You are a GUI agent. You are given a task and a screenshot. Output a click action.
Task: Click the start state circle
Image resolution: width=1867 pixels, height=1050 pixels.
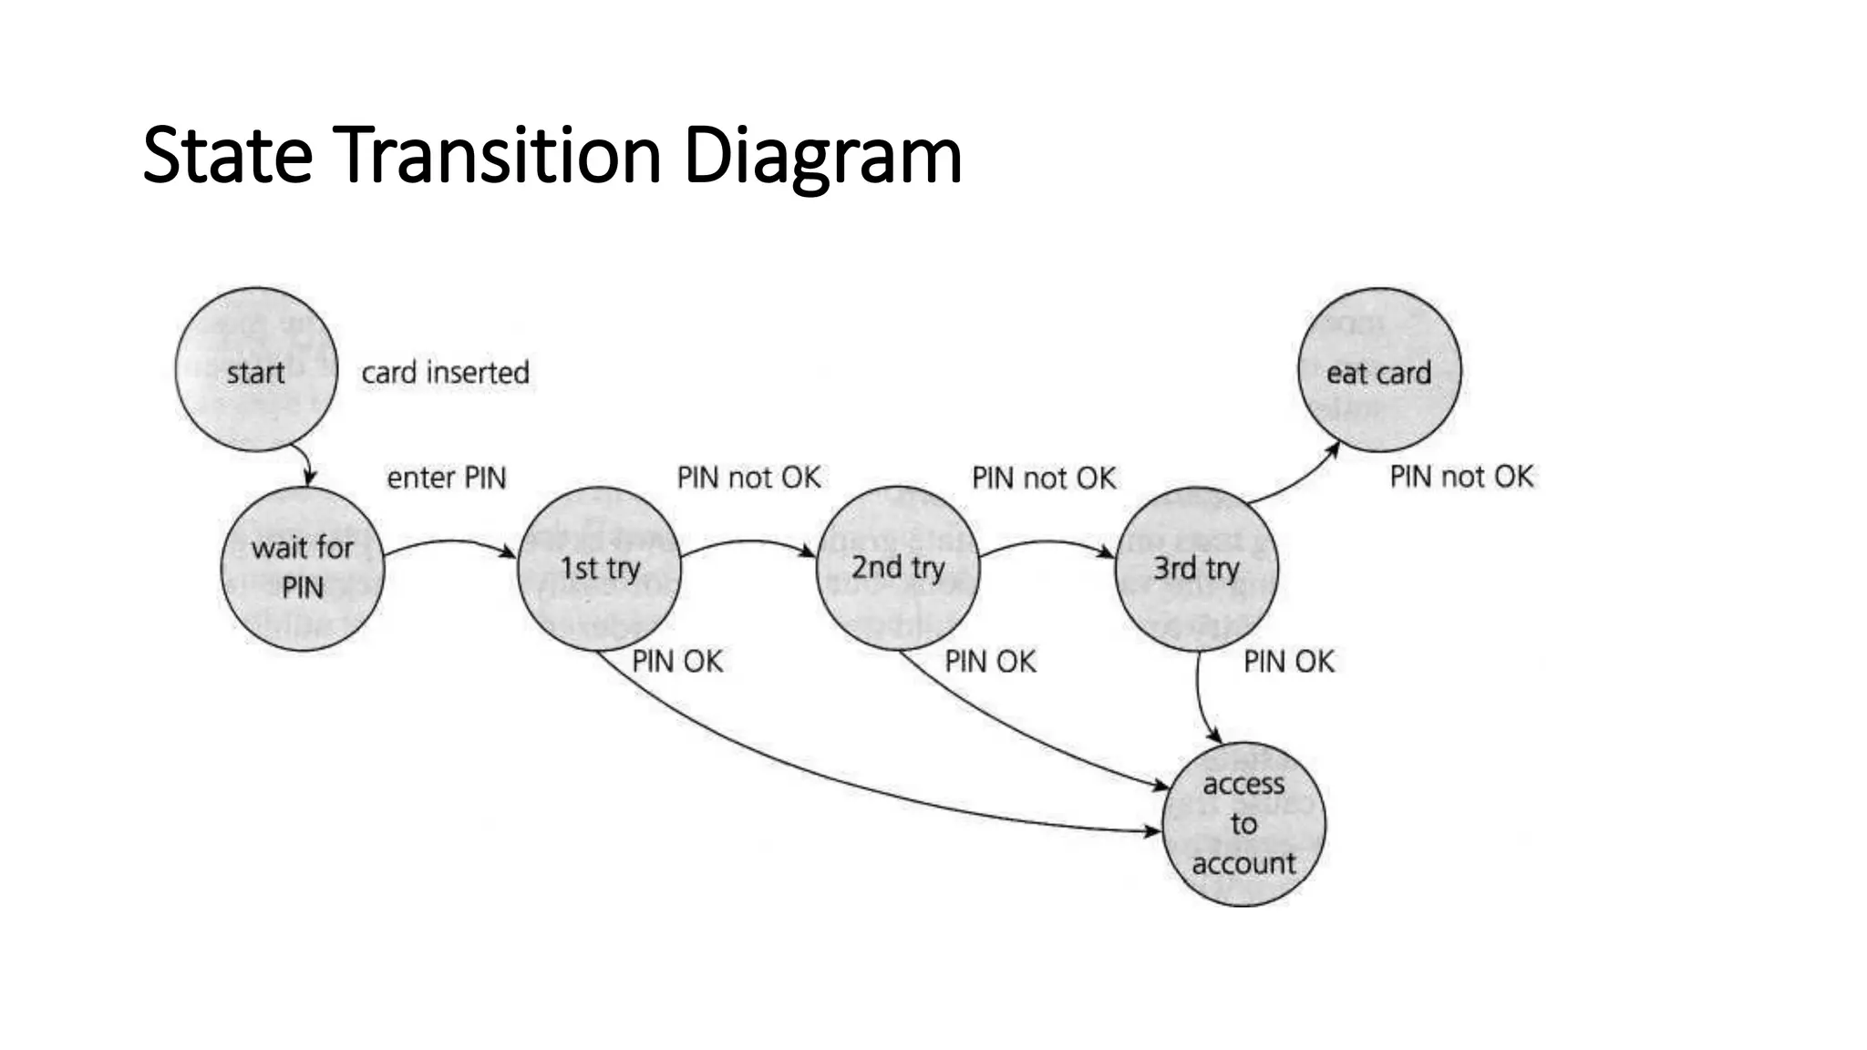pos(256,370)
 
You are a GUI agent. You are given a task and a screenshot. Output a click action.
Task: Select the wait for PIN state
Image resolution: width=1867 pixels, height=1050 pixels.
pos(303,568)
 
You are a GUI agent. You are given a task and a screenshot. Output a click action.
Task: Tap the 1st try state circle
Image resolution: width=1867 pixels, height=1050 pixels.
pos(599,568)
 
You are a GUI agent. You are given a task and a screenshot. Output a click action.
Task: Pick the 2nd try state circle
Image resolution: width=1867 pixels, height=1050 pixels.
pos(898,568)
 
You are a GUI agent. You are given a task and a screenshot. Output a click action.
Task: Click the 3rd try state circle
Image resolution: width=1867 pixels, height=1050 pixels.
pos(1196,568)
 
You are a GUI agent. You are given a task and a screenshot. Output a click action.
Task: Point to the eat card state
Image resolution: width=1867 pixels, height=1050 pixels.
pos(1378,370)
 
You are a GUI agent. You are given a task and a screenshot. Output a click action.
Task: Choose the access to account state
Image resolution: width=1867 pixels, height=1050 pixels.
pos(1243,824)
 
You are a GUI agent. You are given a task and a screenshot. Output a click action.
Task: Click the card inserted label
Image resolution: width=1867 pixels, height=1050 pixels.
pos(445,373)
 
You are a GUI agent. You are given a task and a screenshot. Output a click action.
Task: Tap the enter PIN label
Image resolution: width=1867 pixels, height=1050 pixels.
pos(446,478)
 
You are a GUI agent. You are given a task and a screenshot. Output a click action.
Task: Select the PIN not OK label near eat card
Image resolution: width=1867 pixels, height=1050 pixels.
pos(1461,476)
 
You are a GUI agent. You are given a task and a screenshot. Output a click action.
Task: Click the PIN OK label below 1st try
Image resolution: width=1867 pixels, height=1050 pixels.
pos(677,661)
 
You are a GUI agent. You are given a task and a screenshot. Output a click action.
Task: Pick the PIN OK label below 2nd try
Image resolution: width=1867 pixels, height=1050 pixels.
pos(990,661)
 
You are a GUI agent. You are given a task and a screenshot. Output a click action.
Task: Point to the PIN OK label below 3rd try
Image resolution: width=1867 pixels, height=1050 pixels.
pos(1288,661)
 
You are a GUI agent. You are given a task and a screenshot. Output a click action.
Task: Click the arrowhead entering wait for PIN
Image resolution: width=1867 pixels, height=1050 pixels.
pos(309,477)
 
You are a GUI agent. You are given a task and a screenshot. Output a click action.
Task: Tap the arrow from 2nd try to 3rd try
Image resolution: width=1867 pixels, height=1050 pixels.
pos(1047,543)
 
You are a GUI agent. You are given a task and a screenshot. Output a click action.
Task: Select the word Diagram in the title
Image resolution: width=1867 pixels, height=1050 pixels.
pos(822,157)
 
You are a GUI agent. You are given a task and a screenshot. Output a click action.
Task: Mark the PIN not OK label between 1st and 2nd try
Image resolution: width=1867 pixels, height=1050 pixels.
pos(748,478)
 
